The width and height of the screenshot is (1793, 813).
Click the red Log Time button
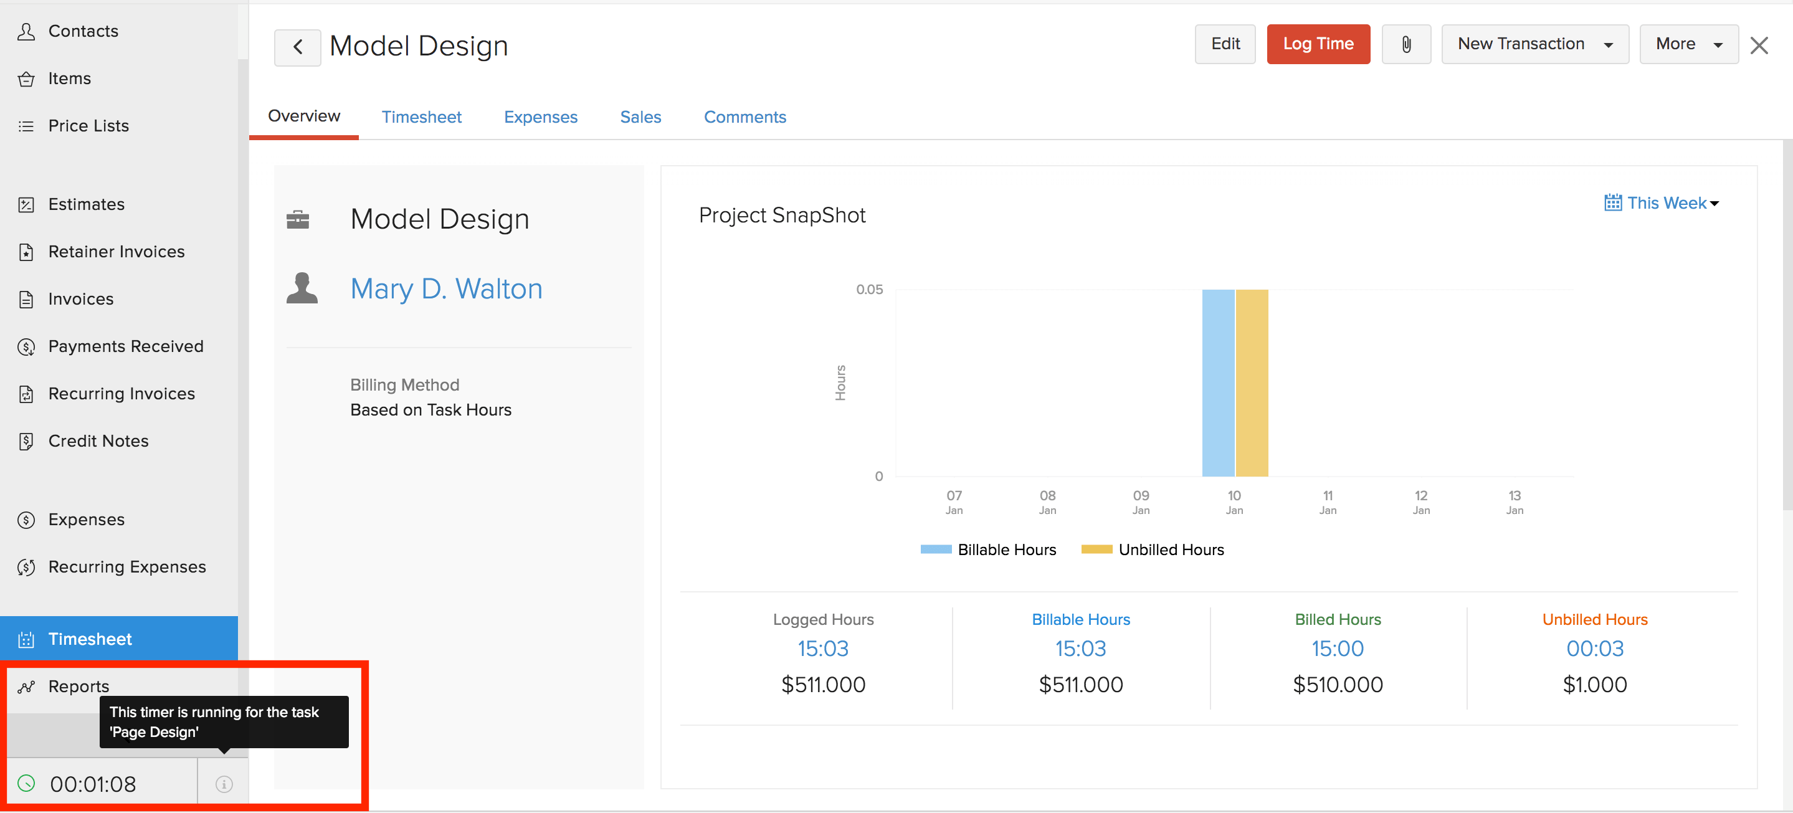coord(1318,44)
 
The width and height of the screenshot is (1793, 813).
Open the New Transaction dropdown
coord(1535,44)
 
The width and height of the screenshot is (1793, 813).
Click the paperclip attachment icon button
coord(1406,44)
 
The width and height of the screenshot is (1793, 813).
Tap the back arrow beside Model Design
coord(297,47)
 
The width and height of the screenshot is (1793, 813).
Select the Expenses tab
coord(540,117)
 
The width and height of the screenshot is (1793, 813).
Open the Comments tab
coord(744,117)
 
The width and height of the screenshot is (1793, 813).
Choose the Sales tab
coord(640,117)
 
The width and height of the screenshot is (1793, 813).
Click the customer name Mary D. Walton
coord(446,288)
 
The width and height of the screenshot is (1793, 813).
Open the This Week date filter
coord(1662,202)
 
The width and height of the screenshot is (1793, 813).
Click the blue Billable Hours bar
coord(1218,383)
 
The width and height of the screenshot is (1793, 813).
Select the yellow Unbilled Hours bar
coord(1252,383)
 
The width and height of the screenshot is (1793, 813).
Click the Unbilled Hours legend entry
coord(1153,549)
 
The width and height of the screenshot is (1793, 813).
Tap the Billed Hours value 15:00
coord(1337,648)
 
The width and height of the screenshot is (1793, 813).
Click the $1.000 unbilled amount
coord(1595,684)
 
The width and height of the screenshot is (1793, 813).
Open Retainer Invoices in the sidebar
coord(117,251)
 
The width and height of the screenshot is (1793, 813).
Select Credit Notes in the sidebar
coord(98,440)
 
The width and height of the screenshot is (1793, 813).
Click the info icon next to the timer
coord(224,784)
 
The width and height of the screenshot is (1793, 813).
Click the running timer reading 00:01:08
coord(93,784)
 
